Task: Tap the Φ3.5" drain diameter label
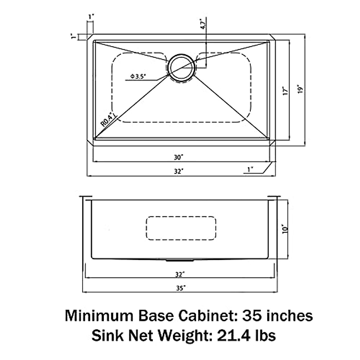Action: tap(138, 76)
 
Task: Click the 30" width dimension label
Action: tap(178, 157)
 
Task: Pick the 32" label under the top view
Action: tap(178, 171)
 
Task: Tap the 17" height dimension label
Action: tap(286, 91)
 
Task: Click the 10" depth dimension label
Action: tap(285, 229)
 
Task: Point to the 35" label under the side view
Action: tap(179, 288)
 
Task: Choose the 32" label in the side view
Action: tap(179, 274)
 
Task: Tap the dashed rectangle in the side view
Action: tap(181, 228)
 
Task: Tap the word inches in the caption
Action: tap(288, 316)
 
